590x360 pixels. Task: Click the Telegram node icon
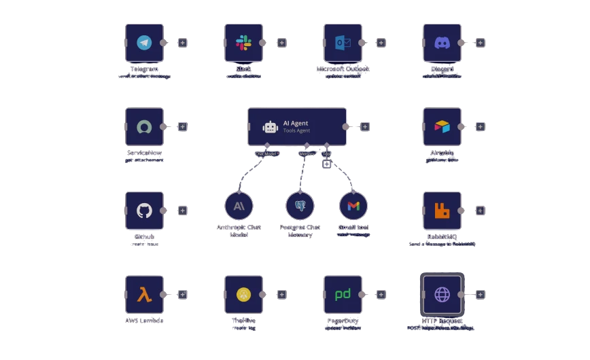pyautogui.click(x=144, y=43)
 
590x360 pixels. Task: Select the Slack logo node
pyautogui.click(x=243, y=43)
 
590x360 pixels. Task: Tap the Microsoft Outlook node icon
pyautogui.click(x=343, y=43)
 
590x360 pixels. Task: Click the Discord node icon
pyautogui.click(x=442, y=43)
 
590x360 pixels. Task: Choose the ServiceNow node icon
pyautogui.click(x=144, y=126)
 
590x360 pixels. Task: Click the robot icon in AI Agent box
pyautogui.click(x=271, y=127)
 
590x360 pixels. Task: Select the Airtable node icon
pyautogui.click(x=442, y=126)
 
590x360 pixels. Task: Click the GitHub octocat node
pyautogui.click(x=144, y=211)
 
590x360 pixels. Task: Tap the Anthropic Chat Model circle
pyautogui.click(x=239, y=205)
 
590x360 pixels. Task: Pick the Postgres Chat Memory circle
pyautogui.click(x=300, y=205)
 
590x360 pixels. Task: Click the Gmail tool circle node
pyautogui.click(x=353, y=205)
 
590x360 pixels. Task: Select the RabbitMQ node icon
pyautogui.click(x=442, y=211)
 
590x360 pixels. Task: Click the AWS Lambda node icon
pyautogui.click(x=144, y=294)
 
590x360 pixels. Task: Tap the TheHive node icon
pyautogui.click(x=243, y=294)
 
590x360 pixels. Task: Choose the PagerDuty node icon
pyautogui.click(x=343, y=294)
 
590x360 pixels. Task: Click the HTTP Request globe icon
pyautogui.click(x=442, y=294)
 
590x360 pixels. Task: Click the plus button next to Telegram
pyautogui.click(x=183, y=43)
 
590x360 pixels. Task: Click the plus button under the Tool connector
pyautogui.click(x=327, y=164)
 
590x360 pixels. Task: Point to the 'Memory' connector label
pyautogui.click(x=307, y=154)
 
